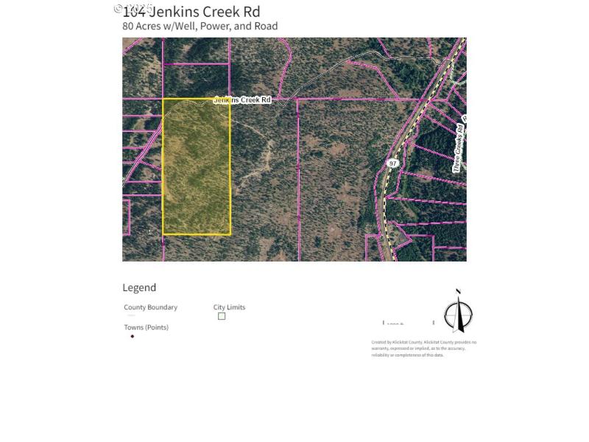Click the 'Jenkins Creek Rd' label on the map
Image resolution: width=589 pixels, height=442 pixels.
[x=242, y=99]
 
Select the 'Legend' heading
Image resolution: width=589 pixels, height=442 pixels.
[x=139, y=287]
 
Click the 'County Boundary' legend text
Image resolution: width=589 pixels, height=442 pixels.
[x=150, y=307]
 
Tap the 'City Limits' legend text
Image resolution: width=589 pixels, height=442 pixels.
[x=229, y=307]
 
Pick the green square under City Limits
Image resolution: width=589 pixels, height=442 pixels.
[x=222, y=316]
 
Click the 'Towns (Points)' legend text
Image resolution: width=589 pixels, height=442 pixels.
[x=146, y=327]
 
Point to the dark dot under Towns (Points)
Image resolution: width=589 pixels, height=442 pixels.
[x=133, y=336]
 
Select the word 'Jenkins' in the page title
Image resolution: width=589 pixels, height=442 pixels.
[x=173, y=12]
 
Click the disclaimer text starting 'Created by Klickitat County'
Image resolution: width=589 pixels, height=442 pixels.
[x=423, y=348]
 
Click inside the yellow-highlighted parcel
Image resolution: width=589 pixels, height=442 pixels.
[x=196, y=166]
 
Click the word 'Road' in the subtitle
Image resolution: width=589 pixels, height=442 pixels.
[x=266, y=26]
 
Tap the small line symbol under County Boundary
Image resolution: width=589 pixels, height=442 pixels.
[x=132, y=315]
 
